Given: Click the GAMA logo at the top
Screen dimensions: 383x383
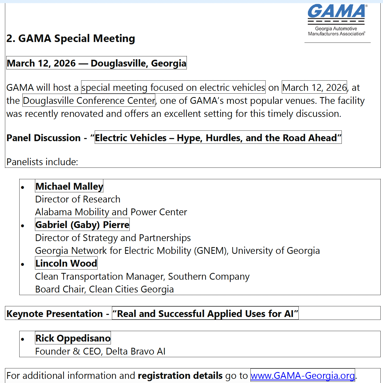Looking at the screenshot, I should tap(337, 20).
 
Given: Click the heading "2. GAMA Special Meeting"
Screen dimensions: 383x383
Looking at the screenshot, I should tap(71, 38).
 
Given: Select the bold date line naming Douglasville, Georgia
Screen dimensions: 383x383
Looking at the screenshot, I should tap(97, 63).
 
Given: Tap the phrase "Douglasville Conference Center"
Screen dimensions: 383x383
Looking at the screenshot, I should tap(89, 101).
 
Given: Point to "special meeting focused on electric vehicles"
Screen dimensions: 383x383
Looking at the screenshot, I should tap(173, 87).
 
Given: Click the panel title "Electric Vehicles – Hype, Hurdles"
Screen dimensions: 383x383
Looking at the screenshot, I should tap(218, 137).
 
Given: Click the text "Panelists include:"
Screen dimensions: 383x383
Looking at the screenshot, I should tap(42, 162).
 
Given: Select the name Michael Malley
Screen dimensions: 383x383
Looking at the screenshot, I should tap(69, 186).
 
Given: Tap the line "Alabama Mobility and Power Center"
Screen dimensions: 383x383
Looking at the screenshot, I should tap(111, 212).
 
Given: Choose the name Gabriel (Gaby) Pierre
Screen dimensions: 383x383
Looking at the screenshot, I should tap(82, 225).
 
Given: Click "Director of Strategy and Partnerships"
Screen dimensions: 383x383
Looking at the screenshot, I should tap(113, 238).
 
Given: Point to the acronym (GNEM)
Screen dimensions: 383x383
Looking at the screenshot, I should tap(210, 251).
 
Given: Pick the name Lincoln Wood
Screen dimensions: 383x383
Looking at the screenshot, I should tap(66, 263).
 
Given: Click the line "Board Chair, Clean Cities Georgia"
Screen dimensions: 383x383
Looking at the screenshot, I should tap(104, 289).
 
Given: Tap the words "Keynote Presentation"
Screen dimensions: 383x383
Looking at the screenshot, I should tap(55, 314).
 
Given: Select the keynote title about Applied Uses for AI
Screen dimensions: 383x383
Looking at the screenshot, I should tap(205, 314).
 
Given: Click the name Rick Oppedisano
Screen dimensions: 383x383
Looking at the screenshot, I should tap(73, 338).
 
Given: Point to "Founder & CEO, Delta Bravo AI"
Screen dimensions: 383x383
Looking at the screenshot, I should tap(100, 351).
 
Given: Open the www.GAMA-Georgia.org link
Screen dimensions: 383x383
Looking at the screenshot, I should tap(303, 375).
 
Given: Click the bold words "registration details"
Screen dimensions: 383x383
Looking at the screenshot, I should tap(180, 375).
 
